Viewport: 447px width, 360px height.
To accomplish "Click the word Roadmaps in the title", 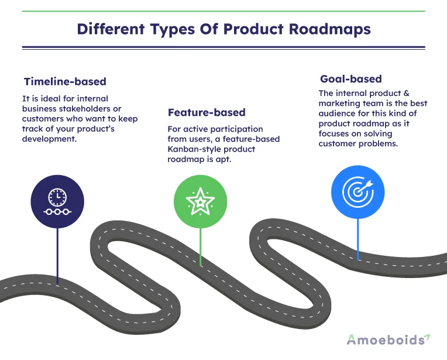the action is (x=329, y=29).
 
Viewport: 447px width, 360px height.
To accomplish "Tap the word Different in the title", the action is (x=111, y=29).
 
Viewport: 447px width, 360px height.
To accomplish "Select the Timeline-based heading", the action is (x=65, y=81).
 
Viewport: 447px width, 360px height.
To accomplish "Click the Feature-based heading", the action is (x=207, y=112).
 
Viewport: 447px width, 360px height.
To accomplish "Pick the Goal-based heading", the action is (x=351, y=79).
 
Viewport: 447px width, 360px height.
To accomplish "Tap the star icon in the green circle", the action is (x=201, y=201).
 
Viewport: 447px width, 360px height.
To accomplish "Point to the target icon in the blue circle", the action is (x=357, y=191).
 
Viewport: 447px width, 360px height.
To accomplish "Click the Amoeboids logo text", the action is (x=386, y=340).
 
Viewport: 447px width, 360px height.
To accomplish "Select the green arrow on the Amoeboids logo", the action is (x=427, y=337).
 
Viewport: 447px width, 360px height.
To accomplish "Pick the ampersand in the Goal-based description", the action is (x=406, y=93).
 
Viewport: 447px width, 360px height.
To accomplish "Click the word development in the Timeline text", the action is (x=49, y=139).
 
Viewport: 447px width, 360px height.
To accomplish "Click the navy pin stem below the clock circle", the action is (x=57, y=256).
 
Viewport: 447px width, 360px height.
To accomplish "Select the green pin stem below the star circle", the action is (x=201, y=247).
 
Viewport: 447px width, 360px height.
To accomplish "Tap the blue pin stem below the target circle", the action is (x=358, y=239).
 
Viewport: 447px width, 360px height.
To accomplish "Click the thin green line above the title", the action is (x=223, y=11).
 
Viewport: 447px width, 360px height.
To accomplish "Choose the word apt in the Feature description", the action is (x=223, y=159).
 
